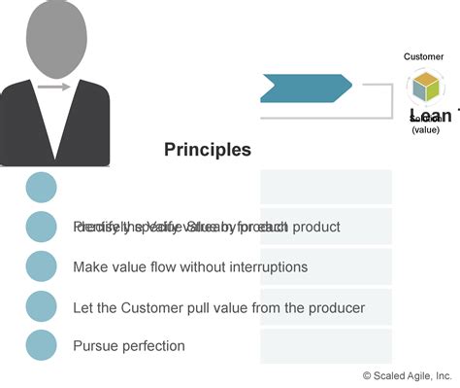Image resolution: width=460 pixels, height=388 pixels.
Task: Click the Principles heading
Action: click(207, 150)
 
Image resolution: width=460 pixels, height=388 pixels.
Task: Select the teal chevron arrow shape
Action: click(306, 88)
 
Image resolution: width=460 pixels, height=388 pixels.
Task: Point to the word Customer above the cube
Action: click(423, 56)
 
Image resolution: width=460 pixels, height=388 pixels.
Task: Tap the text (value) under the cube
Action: click(425, 128)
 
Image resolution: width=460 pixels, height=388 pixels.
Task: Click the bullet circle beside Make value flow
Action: click(41, 265)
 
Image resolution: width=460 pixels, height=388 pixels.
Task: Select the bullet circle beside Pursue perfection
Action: click(41, 344)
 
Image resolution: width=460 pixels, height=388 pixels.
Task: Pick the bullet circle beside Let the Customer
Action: click(41, 305)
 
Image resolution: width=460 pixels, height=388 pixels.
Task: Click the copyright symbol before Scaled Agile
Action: click(367, 375)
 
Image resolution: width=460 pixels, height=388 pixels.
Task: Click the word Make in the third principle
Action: click(90, 266)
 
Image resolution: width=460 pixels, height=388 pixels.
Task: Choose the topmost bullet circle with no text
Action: click(41, 187)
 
